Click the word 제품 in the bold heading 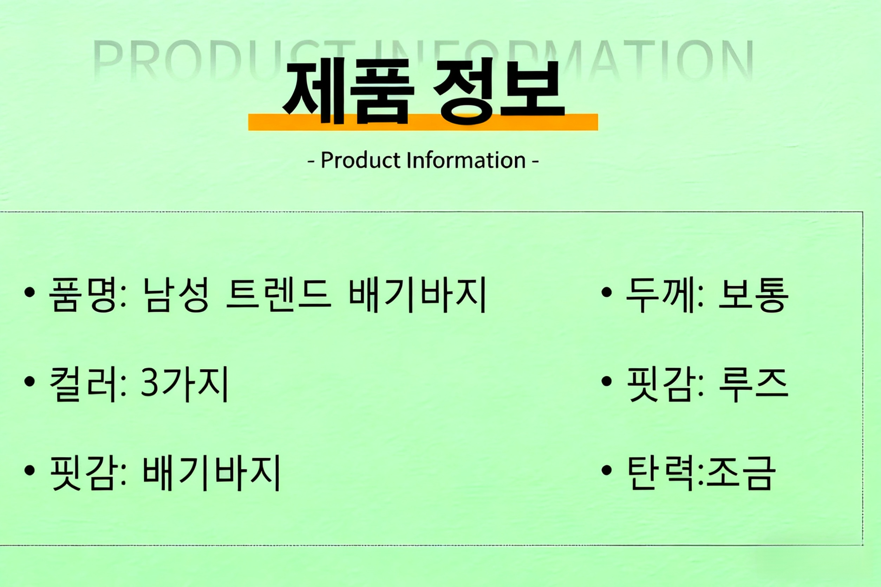pos(348,91)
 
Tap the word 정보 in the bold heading pos(498,91)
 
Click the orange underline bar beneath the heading pos(423,122)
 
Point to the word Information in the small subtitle pos(466,160)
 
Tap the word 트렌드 pos(279,295)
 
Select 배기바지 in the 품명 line pos(417,295)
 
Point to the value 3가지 pos(184,384)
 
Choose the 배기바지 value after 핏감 pos(211,473)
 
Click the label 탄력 pos(660,473)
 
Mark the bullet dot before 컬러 pos(29,381)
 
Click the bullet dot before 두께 pos(606,292)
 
